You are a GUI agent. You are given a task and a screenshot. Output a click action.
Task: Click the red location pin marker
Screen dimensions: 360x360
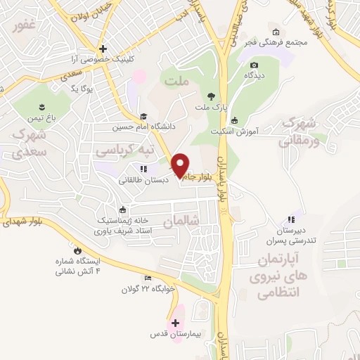click(180, 164)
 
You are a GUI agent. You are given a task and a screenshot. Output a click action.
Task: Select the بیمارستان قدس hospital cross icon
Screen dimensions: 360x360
click(175, 323)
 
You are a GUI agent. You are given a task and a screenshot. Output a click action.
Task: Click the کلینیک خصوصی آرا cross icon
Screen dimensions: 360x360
click(103, 49)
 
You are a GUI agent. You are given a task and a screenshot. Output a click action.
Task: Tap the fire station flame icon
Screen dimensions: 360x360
click(77, 250)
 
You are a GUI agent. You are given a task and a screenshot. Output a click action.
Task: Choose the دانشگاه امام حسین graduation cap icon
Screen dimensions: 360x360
click(143, 117)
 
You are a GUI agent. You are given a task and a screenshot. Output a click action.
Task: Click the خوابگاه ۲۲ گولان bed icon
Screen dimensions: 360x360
click(147, 278)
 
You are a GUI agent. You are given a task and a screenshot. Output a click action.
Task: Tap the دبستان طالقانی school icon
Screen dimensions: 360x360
click(144, 169)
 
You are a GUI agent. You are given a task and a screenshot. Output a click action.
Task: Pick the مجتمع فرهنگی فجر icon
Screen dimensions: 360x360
click(276, 32)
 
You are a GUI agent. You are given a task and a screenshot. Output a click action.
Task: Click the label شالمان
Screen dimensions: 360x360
click(181, 221)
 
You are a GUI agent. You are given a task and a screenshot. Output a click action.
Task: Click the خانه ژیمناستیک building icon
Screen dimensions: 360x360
click(124, 210)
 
